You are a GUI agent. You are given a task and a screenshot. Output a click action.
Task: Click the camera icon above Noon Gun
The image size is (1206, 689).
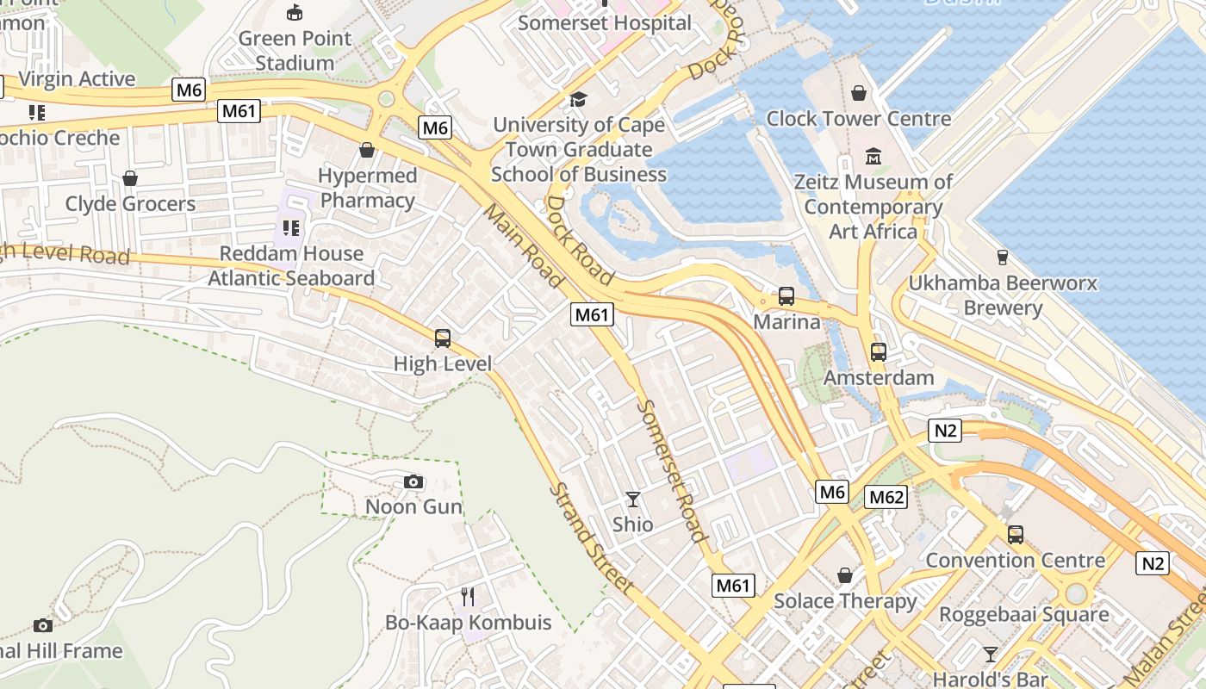413,481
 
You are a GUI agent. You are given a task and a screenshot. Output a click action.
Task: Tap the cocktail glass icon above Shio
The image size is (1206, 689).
633,500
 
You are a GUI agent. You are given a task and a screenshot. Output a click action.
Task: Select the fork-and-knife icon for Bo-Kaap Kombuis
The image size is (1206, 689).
468,597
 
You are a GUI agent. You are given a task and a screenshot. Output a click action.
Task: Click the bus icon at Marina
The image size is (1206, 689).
786,296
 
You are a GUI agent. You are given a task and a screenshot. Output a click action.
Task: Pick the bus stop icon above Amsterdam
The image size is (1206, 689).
878,352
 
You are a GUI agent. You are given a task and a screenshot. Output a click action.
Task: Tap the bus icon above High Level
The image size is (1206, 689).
443,338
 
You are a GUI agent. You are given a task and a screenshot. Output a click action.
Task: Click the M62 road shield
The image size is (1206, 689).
886,497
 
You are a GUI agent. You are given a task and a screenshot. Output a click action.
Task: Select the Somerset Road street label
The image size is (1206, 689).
673,471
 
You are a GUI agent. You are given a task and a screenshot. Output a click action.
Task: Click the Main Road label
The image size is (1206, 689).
524,245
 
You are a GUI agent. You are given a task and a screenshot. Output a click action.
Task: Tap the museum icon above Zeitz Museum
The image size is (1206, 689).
873,157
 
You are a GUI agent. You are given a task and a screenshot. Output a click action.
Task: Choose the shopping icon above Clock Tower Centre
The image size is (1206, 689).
858,93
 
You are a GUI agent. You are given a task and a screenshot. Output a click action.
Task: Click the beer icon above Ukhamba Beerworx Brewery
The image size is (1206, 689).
1002,257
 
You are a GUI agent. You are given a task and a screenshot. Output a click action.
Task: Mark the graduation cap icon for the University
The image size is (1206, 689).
578,99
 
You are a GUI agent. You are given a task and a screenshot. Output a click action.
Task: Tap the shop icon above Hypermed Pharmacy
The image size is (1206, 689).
367,150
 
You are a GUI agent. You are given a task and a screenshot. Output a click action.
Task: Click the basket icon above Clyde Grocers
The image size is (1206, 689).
130,178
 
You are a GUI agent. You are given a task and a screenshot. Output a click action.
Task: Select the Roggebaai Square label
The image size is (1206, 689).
1023,615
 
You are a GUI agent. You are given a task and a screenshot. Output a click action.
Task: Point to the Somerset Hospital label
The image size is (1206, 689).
604,22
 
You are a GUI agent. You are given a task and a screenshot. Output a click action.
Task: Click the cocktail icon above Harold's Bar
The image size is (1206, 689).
991,654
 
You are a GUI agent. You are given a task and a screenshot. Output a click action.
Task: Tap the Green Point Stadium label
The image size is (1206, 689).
295,51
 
